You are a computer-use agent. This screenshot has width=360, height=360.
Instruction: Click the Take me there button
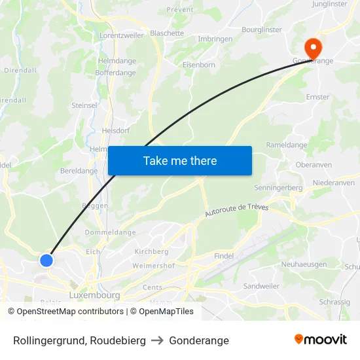tap(180, 160)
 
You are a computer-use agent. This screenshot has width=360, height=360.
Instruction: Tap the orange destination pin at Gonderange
tap(313, 47)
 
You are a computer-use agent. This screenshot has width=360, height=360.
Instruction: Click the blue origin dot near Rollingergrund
tap(46, 260)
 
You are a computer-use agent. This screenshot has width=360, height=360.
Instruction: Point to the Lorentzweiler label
tap(121, 36)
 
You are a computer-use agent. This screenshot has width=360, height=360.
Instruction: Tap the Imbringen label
tap(215, 39)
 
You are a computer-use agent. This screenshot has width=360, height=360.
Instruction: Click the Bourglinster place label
tap(261, 29)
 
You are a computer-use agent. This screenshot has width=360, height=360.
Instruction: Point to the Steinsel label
tap(84, 105)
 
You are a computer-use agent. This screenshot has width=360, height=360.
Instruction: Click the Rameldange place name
tap(286, 145)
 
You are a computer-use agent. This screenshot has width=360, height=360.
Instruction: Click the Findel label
tap(224, 256)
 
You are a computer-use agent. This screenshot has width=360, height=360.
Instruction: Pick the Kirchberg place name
tap(151, 251)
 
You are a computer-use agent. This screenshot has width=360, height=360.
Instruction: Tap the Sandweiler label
tap(261, 287)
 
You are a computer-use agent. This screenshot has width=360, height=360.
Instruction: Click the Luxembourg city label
tap(94, 295)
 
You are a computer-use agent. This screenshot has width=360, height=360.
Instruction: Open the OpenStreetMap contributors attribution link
tap(65, 312)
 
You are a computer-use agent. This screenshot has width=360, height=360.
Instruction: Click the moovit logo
tap(321, 339)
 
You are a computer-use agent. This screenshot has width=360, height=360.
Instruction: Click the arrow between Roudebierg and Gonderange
tap(157, 340)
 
